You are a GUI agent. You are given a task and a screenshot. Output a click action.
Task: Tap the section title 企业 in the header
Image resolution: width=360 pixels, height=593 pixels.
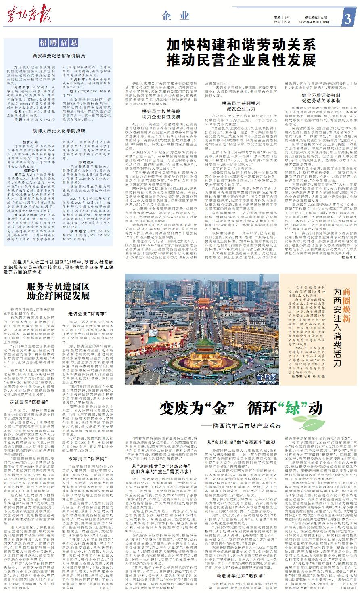click(x=176, y=16)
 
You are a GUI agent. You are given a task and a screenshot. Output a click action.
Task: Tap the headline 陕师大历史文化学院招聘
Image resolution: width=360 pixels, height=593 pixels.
click(x=59, y=131)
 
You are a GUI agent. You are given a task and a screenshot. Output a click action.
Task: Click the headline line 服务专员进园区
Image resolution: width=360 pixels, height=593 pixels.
click(x=58, y=287)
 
